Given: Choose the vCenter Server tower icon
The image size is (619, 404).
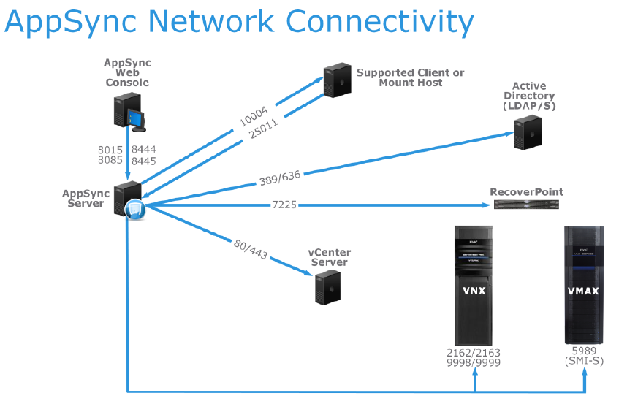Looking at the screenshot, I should click(x=327, y=286).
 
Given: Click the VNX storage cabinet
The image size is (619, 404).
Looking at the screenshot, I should click(x=476, y=285).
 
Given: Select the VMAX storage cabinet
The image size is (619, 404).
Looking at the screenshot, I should click(x=584, y=285).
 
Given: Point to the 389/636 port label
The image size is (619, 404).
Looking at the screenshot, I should click(x=281, y=177).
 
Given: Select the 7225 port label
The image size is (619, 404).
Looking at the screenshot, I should click(x=284, y=205).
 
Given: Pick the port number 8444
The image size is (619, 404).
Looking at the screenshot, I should click(x=144, y=150).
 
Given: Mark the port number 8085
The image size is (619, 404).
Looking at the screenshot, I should click(x=110, y=161).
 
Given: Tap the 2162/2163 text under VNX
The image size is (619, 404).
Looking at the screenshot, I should click(x=476, y=353).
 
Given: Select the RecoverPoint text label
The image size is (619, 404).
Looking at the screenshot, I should click(x=526, y=191).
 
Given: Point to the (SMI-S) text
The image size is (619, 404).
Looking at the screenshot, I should click(x=584, y=362).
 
